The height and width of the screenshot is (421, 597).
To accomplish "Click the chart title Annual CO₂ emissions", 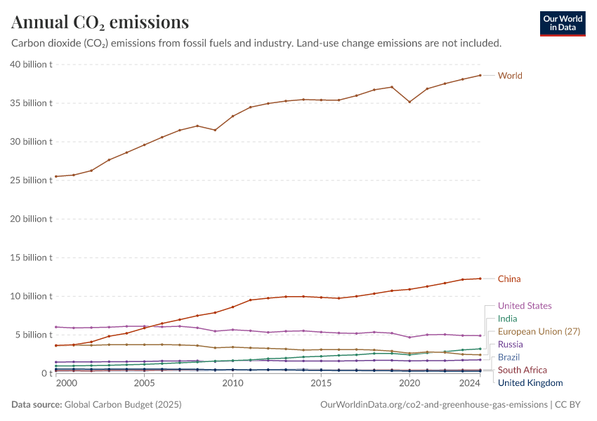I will click(100, 22).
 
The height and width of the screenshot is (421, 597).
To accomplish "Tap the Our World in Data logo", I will click(562, 23).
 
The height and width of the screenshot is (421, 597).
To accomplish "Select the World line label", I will click(510, 76).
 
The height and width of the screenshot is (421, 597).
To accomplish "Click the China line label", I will click(509, 279).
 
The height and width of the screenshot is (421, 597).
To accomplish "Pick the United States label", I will click(524, 306).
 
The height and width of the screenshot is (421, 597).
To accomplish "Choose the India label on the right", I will click(508, 319).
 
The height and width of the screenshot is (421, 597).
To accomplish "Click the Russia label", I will click(511, 345).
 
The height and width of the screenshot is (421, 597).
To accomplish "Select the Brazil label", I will click(509, 357).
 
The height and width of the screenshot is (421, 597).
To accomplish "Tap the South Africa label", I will click(522, 370).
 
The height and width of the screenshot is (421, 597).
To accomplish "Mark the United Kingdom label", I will click(530, 383).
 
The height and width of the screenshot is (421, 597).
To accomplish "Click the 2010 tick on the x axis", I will click(232, 384).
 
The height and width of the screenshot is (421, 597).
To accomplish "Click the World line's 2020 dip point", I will click(409, 102).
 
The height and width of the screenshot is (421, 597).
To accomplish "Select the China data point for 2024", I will click(480, 279).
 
